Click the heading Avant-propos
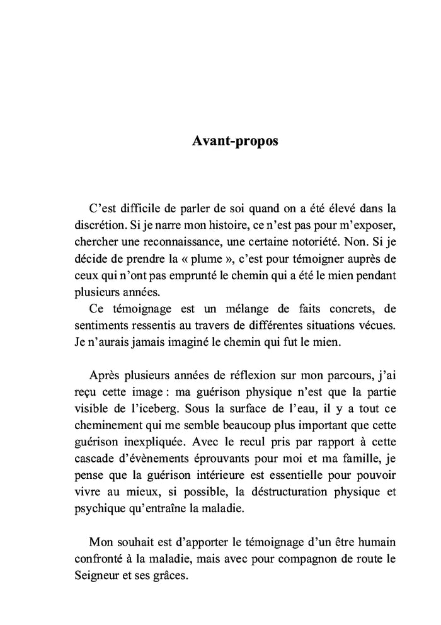click(x=234, y=141)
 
